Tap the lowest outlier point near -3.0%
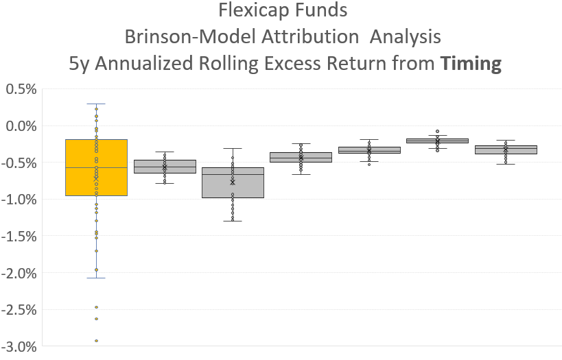96,341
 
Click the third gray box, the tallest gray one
233,182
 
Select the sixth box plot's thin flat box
437,141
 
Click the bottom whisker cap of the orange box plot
96,278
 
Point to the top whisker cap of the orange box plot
96,104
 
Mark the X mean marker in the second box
165,167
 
